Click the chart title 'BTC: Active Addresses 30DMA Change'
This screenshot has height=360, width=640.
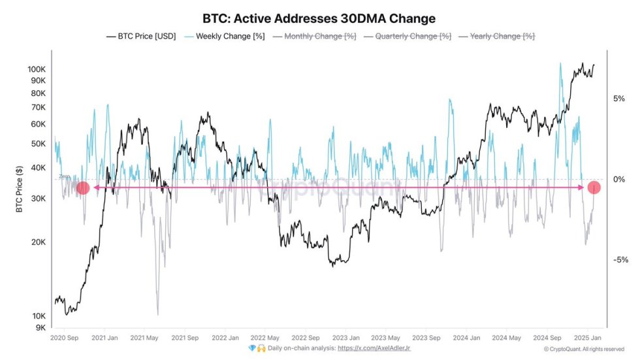pyautogui.click(x=319, y=18)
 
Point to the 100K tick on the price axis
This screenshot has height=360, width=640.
pyautogui.click(x=36, y=69)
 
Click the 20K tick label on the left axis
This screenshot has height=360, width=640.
pyautogui.click(x=38, y=242)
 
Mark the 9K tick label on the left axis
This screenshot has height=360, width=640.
pyautogui.click(x=40, y=328)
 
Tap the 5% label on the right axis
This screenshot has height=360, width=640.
pyautogui.click(x=618, y=99)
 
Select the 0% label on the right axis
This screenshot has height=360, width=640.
pyautogui.click(x=618, y=180)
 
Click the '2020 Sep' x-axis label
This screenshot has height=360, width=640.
pyautogui.click(x=65, y=338)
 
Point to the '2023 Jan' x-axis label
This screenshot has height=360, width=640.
pyautogui.click(x=345, y=338)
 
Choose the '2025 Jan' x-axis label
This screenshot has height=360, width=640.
pyautogui.click(x=588, y=338)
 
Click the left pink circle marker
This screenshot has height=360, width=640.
pyautogui.click(x=83, y=188)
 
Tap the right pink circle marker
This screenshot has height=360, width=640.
pyautogui.click(x=594, y=188)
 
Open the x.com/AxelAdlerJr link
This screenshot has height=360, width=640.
pyautogui.click(x=374, y=348)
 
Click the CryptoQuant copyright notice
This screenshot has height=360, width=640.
pyautogui.click(x=584, y=349)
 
